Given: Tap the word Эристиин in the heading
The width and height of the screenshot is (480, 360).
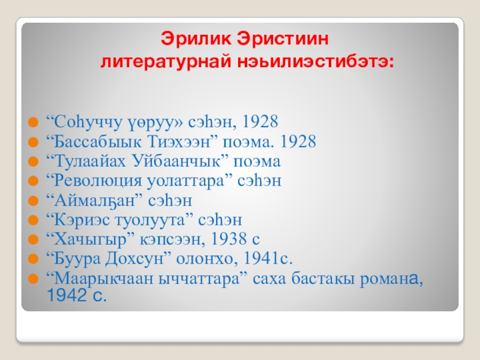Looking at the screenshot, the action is [x=283, y=39].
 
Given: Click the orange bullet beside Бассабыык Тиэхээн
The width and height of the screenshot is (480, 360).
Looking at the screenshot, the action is [x=33, y=142].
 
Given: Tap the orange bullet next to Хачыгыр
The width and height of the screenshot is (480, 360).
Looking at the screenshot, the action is [x=33, y=239].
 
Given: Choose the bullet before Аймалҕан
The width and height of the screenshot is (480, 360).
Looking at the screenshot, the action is [x=33, y=201].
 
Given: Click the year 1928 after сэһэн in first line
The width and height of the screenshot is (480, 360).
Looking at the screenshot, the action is [x=260, y=121].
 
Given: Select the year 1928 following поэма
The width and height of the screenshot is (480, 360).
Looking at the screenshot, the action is [x=298, y=142].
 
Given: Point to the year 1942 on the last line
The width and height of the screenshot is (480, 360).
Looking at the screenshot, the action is [x=67, y=295].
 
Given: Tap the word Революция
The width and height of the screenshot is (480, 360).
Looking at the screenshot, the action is [x=98, y=181].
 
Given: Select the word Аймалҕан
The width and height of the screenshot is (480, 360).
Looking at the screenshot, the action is [x=94, y=201].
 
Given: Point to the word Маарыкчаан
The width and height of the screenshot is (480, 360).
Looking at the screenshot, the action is [x=103, y=279].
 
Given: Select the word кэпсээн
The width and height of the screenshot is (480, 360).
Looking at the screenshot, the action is [x=170, y=239].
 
